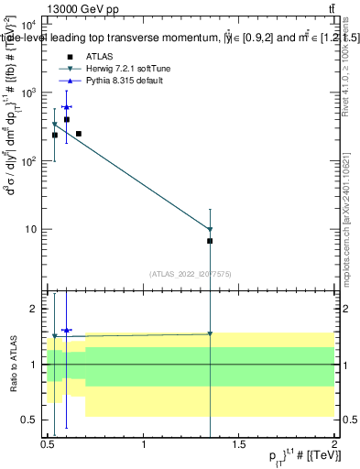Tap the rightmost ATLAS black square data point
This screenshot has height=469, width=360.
210,241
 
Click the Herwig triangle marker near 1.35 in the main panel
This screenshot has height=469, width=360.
210,230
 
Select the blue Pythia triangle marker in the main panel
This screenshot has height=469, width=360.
66,107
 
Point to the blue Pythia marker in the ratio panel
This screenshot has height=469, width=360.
66,330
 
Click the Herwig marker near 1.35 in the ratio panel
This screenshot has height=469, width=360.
210,333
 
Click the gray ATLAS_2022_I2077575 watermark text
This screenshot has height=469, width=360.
191,273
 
